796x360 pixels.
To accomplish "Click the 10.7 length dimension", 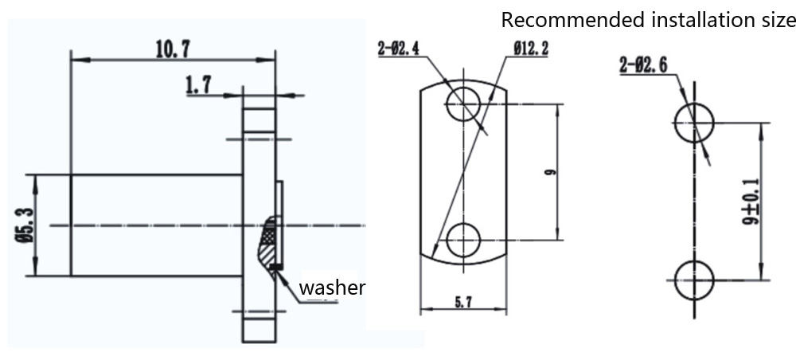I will (x=171, y=49).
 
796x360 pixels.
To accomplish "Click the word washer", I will (x=332, y=288).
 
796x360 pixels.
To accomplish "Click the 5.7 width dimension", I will (x=462, y=302).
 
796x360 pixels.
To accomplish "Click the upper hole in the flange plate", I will (x=463, y=104).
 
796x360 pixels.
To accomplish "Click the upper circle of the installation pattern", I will (x=694, y=123).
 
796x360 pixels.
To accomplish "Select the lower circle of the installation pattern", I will (x=694, y=280).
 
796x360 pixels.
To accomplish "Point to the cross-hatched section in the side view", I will (x=269, y=235).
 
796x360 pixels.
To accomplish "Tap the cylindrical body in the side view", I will (x=155, y=225).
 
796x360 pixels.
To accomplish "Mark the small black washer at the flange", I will (x=275, y=266).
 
